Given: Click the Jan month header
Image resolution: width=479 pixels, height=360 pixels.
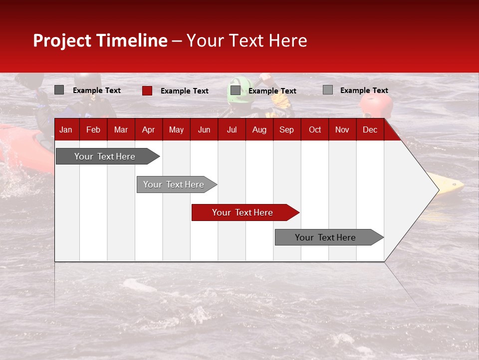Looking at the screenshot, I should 66,129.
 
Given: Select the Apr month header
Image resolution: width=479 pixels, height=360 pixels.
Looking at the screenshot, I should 148,129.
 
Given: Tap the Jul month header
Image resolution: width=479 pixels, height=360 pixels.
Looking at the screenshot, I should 232,129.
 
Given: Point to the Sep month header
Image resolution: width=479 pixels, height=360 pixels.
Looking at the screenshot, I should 286,129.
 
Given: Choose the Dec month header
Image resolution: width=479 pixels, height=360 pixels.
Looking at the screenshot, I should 370,129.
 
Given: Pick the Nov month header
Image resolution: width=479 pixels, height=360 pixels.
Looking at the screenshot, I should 342,129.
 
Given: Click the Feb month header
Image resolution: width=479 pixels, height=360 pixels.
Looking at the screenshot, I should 93,129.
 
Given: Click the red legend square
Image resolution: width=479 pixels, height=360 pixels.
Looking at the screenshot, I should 147,90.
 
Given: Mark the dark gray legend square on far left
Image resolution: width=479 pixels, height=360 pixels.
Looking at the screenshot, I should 59,90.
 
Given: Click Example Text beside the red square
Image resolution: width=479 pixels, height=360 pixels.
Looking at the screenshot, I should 184,91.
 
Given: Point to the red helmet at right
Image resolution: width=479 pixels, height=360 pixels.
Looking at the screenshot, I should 376,105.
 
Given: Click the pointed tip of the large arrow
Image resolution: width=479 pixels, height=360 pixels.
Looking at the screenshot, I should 438,190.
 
